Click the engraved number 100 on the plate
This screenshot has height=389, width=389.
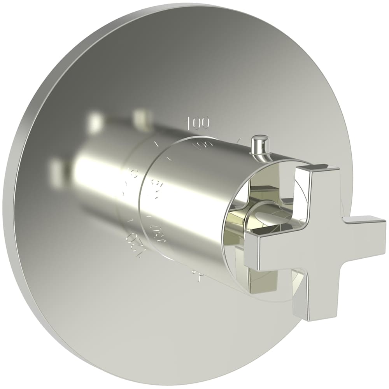[x=198, y=123]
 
